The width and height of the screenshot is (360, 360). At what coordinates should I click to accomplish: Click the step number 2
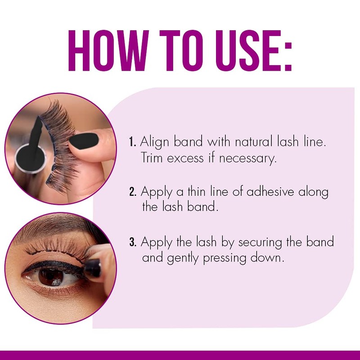click(x=133, y=192)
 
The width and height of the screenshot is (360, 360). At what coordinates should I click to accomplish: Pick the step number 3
click(x=133, y=243)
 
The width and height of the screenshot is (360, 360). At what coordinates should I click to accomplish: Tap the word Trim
click(x=152, y=158)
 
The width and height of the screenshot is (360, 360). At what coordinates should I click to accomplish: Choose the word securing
click(x=262, y=243)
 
